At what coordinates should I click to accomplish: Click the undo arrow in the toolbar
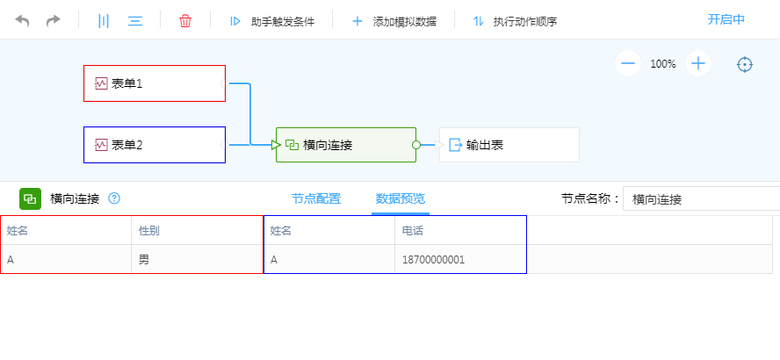tap(22, 21)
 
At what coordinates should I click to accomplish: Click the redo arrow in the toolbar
tap(53, 21)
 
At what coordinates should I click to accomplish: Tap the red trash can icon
tap(185, 21)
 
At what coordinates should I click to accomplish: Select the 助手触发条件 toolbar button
tap(272, 21)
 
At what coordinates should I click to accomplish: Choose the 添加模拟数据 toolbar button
tap(394, 21)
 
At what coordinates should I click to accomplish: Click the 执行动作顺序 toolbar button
tap(515, 21)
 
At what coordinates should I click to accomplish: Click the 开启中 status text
tap(726, 20)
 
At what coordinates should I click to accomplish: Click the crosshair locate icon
tap(745, 64)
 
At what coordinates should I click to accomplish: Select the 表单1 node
tap(155, 83)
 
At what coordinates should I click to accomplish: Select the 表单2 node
tap(155, 145)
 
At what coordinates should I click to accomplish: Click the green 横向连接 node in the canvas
tap(346, 145)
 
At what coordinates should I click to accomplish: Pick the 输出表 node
tap(509, 145)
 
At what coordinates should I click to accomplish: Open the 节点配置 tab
tap(316, 199)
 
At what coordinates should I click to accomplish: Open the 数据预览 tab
tap(401, 199)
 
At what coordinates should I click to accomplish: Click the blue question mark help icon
tap(114, 199)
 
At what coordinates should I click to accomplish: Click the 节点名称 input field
tap(702, 199)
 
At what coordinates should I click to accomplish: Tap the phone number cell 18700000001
tap(434, 260)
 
